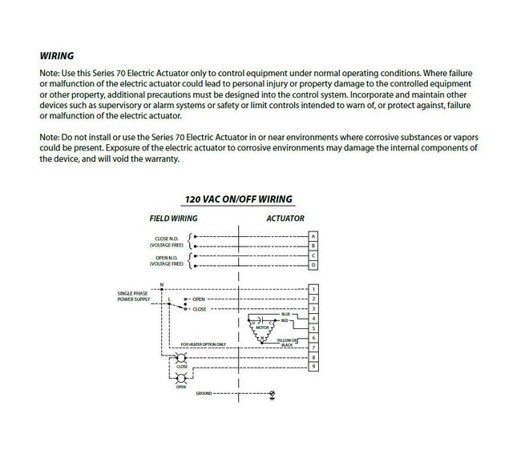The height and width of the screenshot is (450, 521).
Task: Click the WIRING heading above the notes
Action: tap(56, 57)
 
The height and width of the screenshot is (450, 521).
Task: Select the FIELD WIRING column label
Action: tap(173, 219)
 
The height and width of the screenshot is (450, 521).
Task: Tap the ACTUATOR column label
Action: tap(285, 219)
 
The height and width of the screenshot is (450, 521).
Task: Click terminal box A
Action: tap(313, 236)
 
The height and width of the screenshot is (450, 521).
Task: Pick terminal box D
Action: tap(313, 264)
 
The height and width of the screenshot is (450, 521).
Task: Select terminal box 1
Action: tap(313, 289)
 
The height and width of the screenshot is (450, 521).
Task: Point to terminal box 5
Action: tap(313, 328)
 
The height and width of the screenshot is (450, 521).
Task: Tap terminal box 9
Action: tap(313, 368)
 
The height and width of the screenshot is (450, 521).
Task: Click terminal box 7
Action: tap(313, 348)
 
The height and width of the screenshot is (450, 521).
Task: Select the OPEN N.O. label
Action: tap(167, 259)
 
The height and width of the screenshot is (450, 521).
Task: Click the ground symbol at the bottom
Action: tap(273, 394)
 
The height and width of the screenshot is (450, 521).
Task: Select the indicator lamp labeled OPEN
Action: tap(181, 377)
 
